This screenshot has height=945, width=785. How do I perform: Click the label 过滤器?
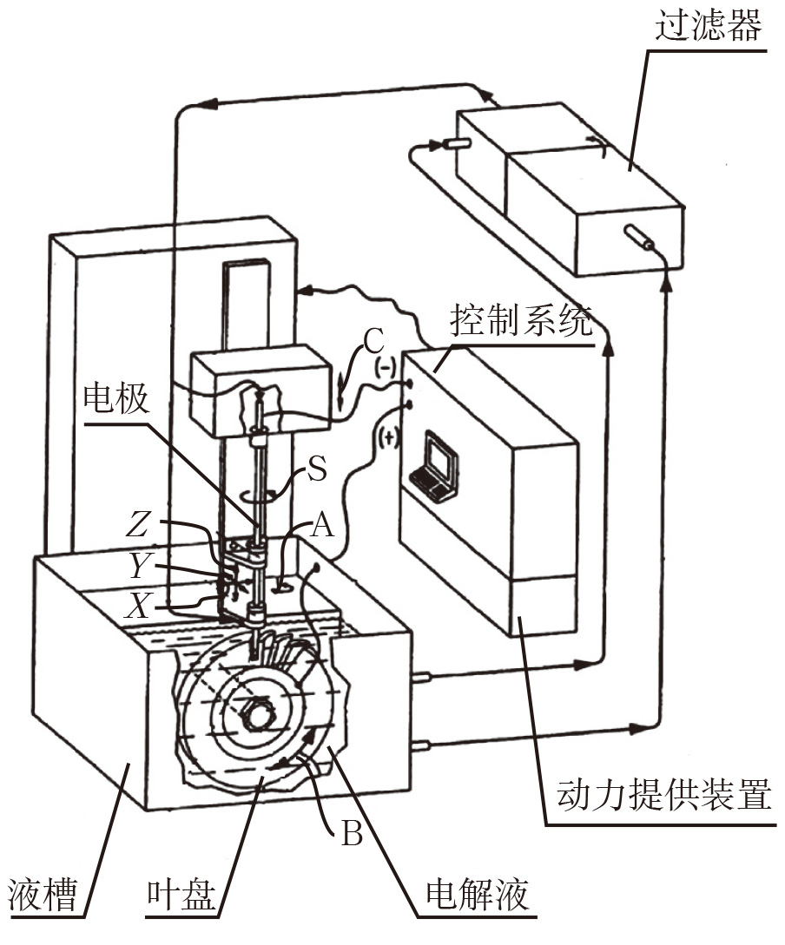coord(709,24)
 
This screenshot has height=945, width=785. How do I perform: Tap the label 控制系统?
coord(520,320)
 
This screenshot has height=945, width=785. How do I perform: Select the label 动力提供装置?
coord(663,794)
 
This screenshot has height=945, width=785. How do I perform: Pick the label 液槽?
coord(43,894)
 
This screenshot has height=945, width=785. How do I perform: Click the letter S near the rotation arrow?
coord(317,469)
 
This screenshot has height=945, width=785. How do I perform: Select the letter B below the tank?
coord(352,834)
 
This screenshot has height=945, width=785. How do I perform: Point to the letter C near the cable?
coord(373,342)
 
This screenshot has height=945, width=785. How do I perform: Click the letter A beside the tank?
coord(322,525)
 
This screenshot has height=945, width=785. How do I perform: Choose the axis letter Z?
coord(137,523)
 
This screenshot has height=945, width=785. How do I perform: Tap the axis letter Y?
coord(139,565)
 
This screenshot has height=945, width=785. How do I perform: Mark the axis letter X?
coord(137,606)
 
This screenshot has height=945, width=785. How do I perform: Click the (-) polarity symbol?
coord(386,365)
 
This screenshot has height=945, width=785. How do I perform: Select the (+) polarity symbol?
coord(389,437)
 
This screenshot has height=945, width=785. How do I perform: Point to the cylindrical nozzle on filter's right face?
coord(638,238)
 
